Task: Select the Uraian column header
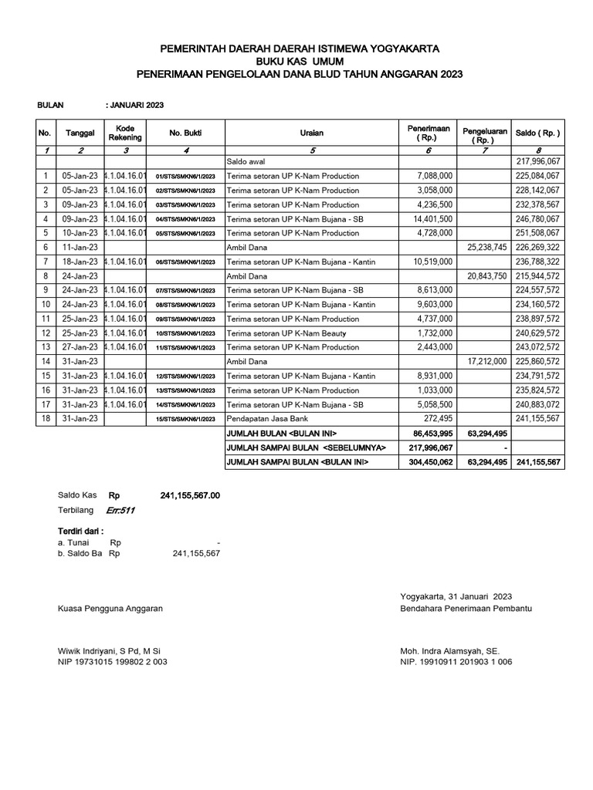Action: pyautogui.click(x=312, y=133)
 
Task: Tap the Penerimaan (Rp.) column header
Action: pyautogui.click(x=426, y=133)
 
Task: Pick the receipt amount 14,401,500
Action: pyautogui.click(x=432, y=218)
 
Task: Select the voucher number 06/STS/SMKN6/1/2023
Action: pyautogui.click(x=185, y=262)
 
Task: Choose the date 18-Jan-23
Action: pyautogui.click(x=80, y=262)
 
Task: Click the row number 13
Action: pyautogui.click(x=46, y=347)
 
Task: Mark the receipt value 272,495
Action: pyautogui.click(x=437, y=418)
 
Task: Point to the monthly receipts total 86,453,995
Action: pyautogui.click(x=429, y=433)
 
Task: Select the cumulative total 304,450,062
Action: pyautogui.click(x=428, y=461)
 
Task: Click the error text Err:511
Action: pyautogui.click(x=121, y=510)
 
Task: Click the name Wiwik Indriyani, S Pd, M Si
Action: pyautogui.click(x=110, y=650)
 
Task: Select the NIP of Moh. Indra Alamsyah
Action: pyautogui.click(x=456, y=662)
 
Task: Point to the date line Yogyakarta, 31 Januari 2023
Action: pyautogui.click(x=456, y=596)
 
